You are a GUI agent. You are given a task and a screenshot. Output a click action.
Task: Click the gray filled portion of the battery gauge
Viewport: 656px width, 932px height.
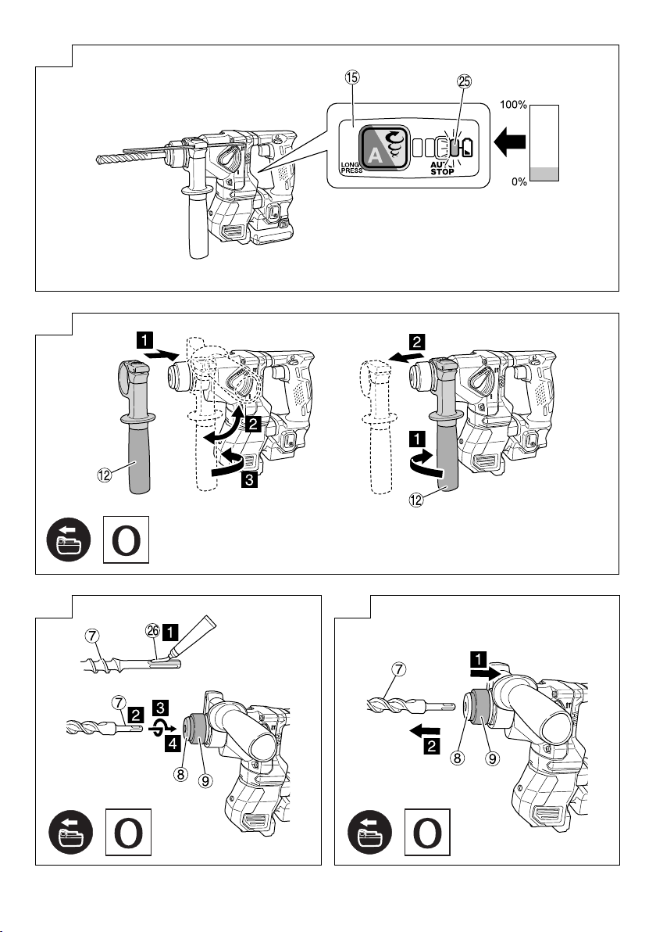545,174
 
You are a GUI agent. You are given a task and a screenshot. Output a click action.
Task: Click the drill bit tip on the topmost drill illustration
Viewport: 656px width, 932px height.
100,159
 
